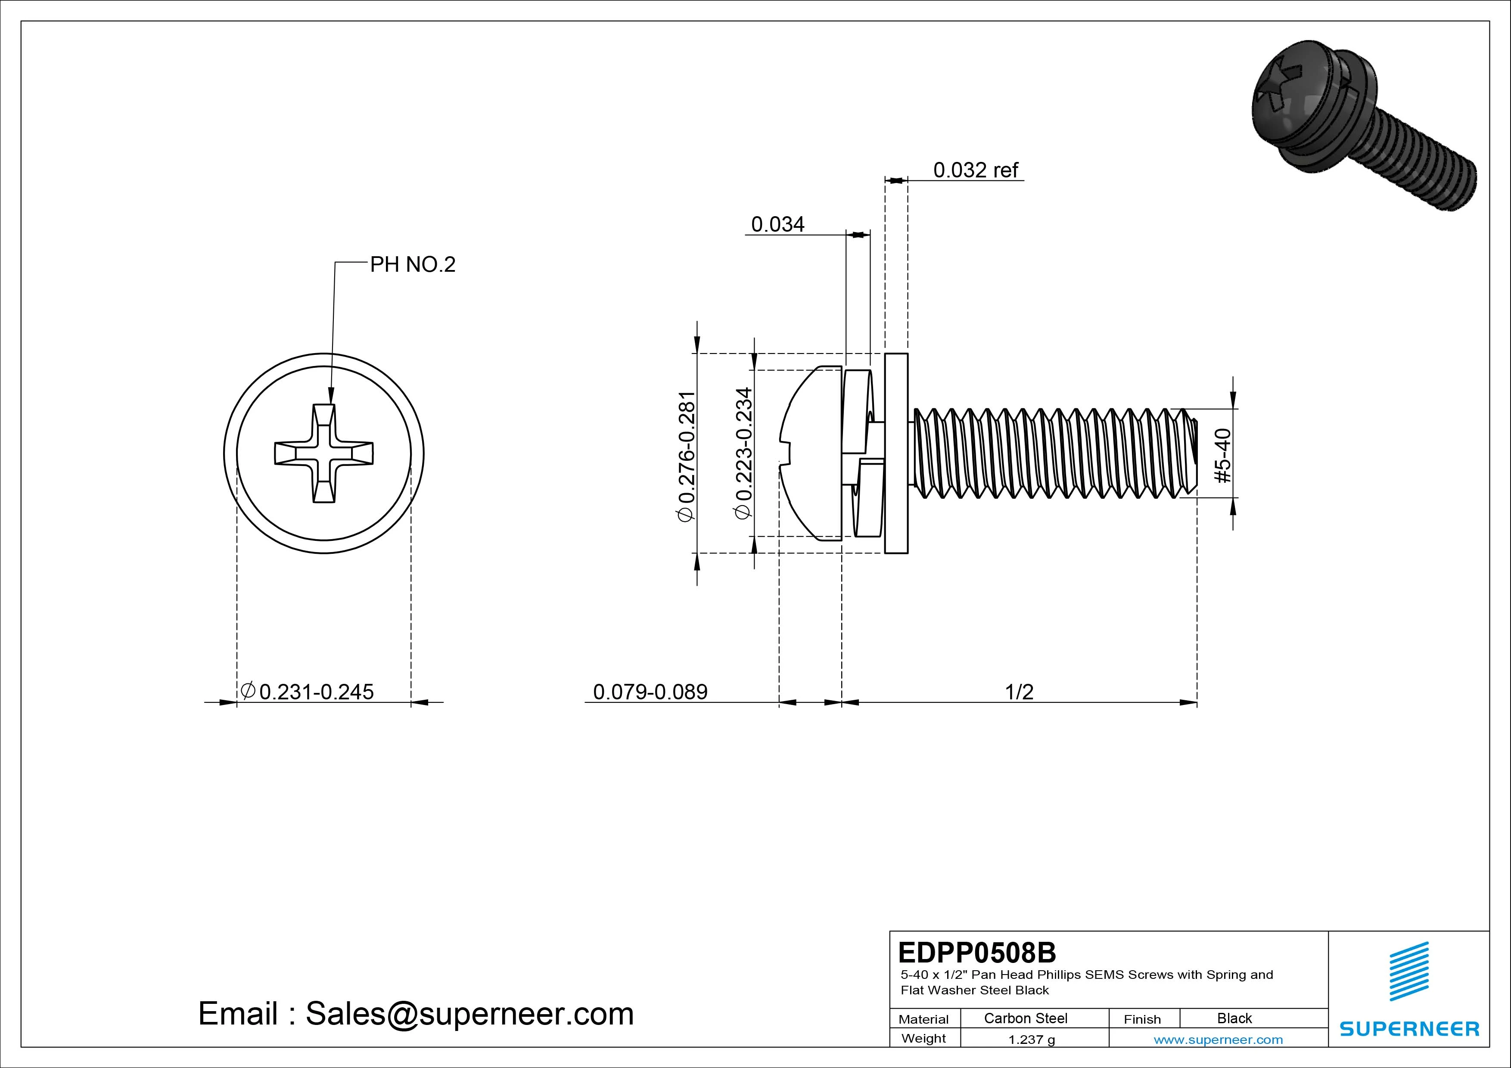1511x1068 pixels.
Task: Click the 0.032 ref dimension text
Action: pos(975,171)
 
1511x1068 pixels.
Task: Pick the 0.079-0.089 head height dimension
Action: pos(650,692)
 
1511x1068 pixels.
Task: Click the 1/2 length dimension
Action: pos(1019,692)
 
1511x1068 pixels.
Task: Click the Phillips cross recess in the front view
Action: pos(324,453)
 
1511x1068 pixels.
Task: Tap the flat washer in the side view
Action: pos(896,453)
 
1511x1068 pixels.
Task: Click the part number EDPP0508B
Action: pos(976,952)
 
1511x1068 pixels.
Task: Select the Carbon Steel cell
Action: pos(1025,1018)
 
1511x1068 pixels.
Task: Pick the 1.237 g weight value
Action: pos(1031,1040)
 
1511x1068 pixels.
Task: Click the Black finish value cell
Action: pos(1234,1018)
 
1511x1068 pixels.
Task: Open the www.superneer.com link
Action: pos(1218,1040)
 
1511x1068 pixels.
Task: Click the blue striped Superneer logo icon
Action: pos(1408,971)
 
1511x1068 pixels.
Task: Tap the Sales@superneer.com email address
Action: pos(469,1013)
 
